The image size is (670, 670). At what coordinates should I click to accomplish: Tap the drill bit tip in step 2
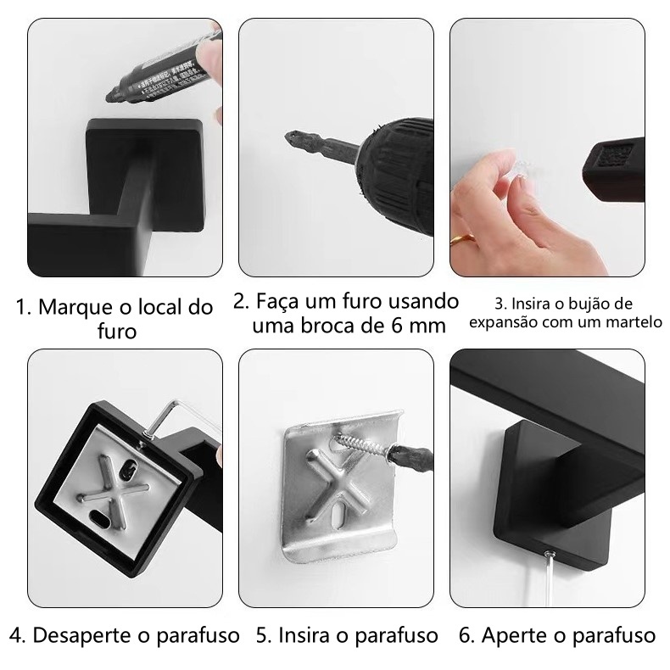pyautogui.click(x=287, y=136)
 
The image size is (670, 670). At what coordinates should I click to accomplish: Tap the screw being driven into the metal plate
pyautogui.click(x=364, y=445)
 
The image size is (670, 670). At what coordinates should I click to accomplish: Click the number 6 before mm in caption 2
pyautogui.click(x=398, y=326)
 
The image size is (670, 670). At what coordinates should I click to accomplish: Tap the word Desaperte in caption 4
pyautogui.click(x=82, y=635)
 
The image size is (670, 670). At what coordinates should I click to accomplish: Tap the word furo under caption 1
pyautogui.click(x=117, y=331)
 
